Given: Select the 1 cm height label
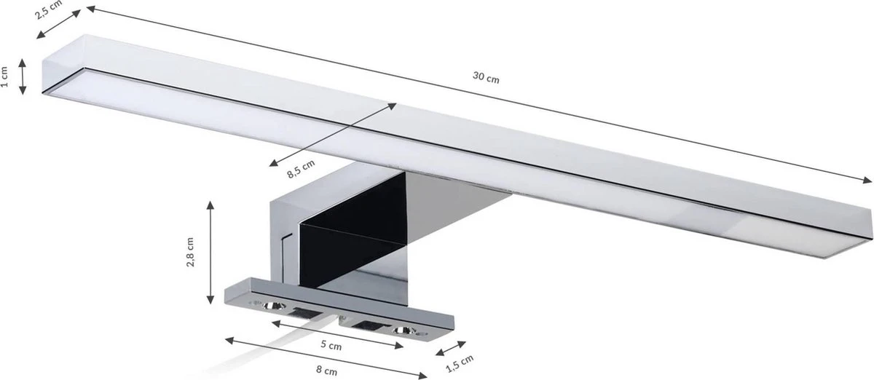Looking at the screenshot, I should (x=6, y=76).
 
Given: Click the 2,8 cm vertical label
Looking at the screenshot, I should (x=190, y=253).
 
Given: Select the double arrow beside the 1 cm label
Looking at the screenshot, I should (x=23, y=76).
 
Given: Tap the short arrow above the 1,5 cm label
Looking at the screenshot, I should (x=449, y=348).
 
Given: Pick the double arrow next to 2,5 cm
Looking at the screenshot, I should (x=59, y=23).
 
